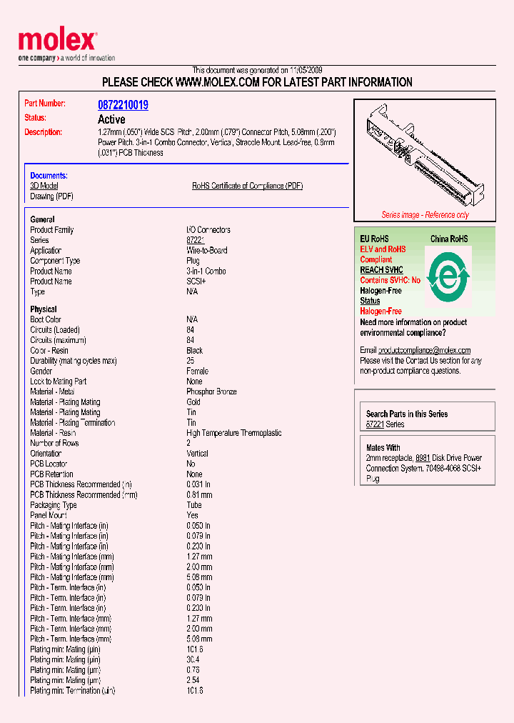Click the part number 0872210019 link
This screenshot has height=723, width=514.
(x=123, y=105)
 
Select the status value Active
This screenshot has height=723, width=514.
(x=111, y=119)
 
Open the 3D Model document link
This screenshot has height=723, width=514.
(x=44, y=186)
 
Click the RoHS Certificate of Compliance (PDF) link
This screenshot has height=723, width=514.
(x=247, y=186)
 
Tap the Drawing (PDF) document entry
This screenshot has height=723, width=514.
(x=51, y=196)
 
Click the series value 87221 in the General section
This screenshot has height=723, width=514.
(x=195, y=241)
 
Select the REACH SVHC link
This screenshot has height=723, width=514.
(x=381, y=270)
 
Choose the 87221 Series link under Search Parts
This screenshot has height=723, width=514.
(x=374, y=424)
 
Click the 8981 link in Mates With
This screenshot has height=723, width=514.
(x=423, y=458)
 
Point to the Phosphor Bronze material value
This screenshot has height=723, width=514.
(x=211, y=392)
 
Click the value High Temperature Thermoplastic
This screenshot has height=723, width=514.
(x=233, y=433)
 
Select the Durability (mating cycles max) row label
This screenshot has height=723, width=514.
(x=73, y=361)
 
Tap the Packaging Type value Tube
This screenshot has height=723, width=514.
(x=194, y=505)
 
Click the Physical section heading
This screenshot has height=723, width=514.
(x=44, y=309)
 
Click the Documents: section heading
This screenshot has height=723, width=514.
(x=49, y=176)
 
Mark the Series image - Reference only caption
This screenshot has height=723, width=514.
(x=425, y=215)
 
